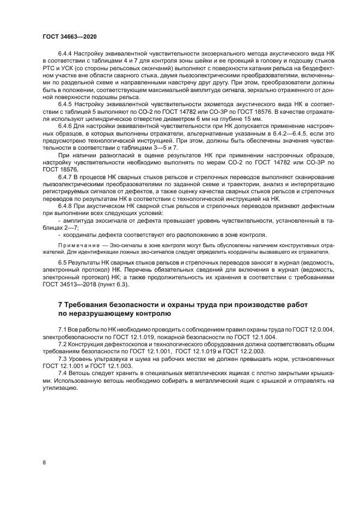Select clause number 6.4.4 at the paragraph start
(66, 56)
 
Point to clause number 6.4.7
(66, 177)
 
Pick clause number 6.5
(63, 263)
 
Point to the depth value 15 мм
(253, 119)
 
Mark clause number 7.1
(62, 330)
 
